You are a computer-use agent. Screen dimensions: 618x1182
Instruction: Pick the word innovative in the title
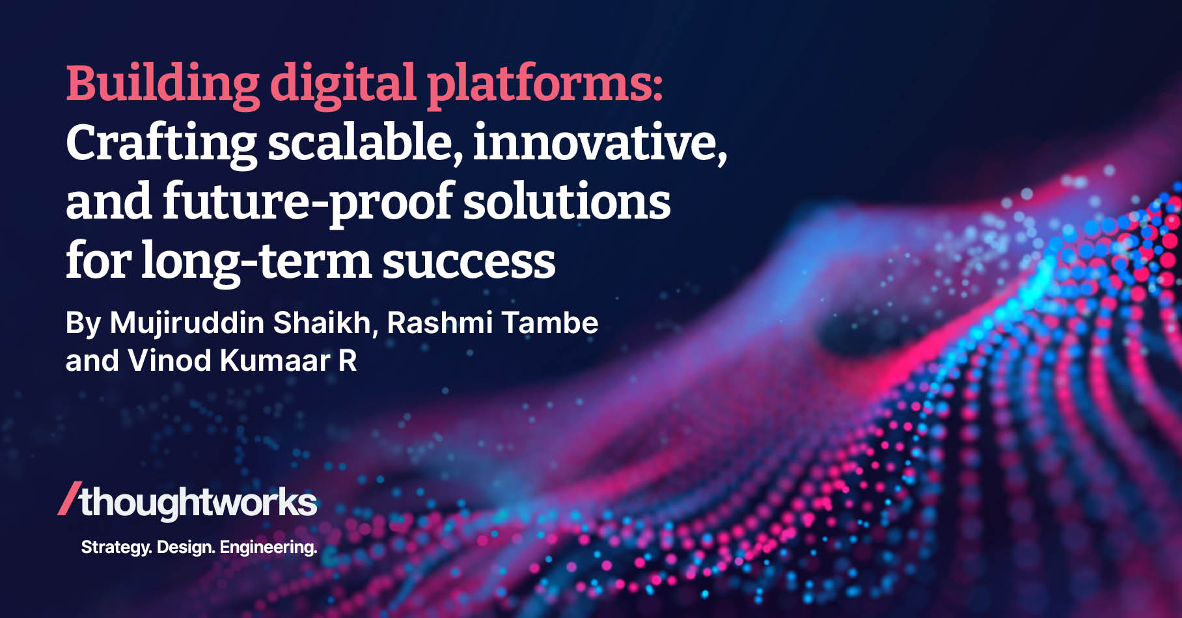point(599,143)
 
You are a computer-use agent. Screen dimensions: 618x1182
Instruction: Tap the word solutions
point(566,202)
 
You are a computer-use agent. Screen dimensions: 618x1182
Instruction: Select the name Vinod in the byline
point(169,360)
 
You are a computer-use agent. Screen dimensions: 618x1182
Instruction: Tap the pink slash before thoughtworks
point(69,500)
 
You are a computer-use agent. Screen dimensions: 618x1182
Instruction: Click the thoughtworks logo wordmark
point(198,502)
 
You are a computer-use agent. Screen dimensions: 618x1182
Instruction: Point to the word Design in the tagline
point(185,547)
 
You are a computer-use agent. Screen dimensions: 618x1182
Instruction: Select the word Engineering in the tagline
point(268,548)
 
